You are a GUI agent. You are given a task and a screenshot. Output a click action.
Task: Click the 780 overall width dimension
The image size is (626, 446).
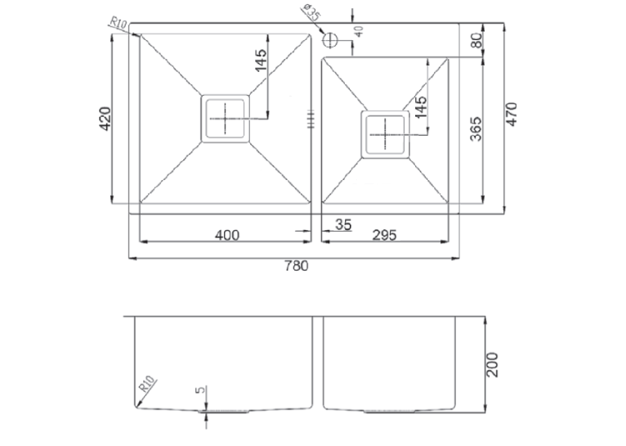click(x=296, y=266)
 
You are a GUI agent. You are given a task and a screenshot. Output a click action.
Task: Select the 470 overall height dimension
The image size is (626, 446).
click(x=512, y=115)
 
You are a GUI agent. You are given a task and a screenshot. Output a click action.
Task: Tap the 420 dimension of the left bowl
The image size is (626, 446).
click(x=105, y=119)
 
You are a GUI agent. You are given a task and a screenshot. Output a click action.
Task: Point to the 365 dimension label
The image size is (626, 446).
click(x=476, y=128)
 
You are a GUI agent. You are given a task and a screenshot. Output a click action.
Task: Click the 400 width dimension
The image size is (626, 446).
click(x=227, y=235)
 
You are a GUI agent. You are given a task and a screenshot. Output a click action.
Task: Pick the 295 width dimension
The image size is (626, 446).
click(x=384, y=235)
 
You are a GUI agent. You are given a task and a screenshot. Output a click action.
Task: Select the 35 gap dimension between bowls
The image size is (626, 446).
click(x=343, y=225)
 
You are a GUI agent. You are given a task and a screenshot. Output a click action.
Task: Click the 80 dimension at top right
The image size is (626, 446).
click(x=476, y=40)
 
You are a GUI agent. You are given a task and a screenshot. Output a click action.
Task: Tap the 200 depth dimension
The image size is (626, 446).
click(x=493, y=364)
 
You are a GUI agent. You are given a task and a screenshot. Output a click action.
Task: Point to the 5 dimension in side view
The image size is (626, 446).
click(x=202, y=389)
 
